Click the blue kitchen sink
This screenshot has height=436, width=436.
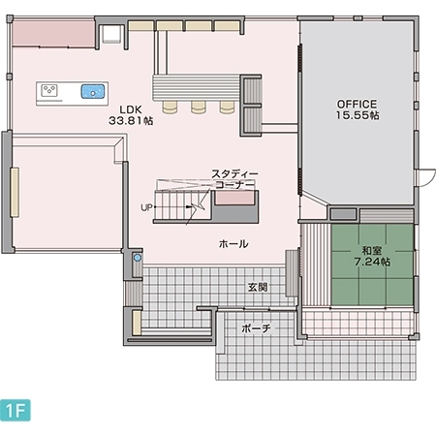coord(93,91)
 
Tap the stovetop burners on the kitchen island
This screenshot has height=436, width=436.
coord(49,90)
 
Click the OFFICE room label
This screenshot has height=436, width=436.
coord(357,104)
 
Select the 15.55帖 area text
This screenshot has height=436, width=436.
coord(358,115)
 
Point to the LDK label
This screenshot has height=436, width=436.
coord(131,109)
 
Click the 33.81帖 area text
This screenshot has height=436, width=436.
coord(131,120)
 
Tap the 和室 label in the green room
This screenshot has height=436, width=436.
coord(372,250)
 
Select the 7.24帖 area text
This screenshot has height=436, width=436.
coord(372,262)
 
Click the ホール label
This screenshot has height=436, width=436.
coord(234,244)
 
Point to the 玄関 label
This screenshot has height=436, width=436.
coord(258,287)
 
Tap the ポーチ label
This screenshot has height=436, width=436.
coord(256,328)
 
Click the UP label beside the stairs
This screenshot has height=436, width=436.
coord(146,207)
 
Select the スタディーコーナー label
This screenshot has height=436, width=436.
coord(234,179)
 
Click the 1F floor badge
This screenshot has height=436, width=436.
coord(16,410)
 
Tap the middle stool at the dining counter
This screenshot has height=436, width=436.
coord(199,107)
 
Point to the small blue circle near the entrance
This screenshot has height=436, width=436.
coord(138,258)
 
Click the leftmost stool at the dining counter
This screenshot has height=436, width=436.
coord(170,107)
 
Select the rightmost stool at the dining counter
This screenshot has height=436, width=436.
coord(228,107)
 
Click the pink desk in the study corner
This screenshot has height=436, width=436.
coord(234,198)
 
